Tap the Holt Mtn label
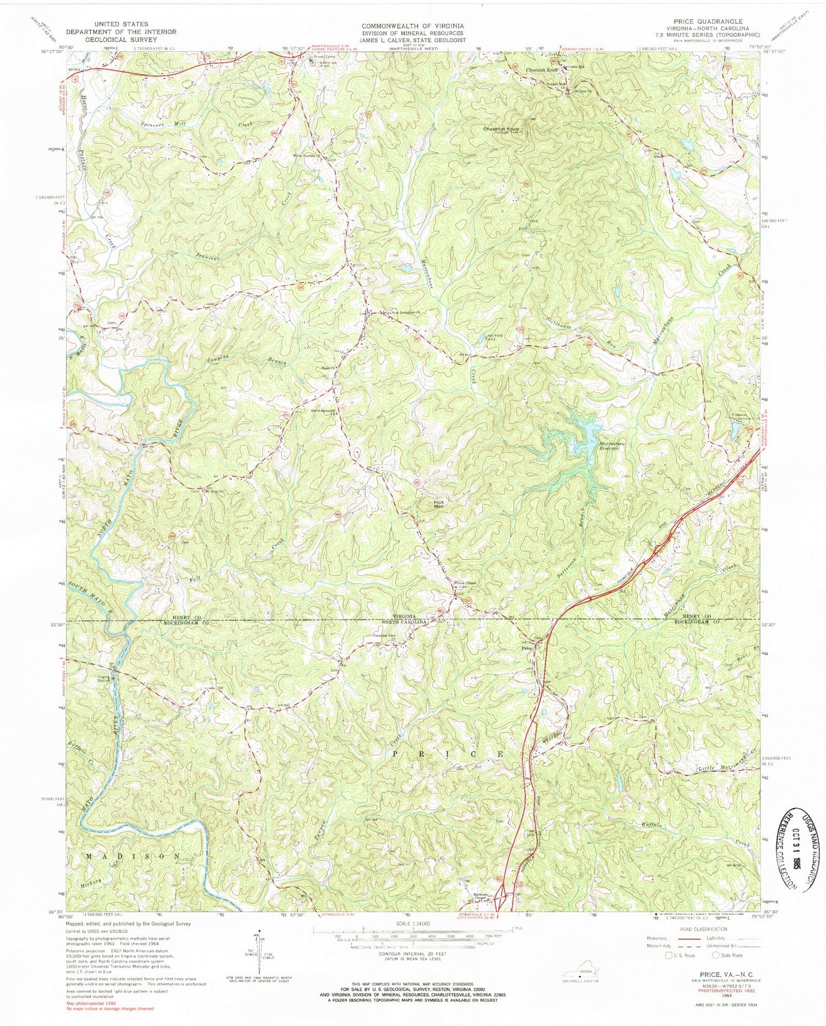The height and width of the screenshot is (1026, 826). pos(438,503)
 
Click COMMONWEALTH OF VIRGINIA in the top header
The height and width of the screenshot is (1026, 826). pos(412,26)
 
